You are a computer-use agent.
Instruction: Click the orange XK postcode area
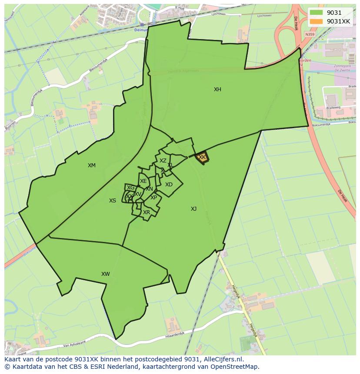tap(202, 158)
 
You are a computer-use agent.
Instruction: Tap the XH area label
tap(217, 89)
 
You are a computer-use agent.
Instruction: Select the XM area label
tap(91, 165)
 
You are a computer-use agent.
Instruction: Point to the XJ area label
tap(193, 209)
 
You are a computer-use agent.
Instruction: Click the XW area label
tap(105, 274)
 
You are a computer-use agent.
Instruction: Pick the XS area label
tap(113, 201)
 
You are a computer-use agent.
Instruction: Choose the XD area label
tap(169, 185)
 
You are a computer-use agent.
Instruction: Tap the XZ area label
tap(163, 161)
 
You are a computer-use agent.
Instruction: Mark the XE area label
tap(143, 181)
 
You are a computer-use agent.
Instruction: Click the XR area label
tap(146, 212)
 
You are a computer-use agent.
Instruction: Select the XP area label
tap(153, 198)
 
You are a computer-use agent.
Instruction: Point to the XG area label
tap(130, 188)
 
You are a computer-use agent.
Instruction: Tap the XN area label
tap(149, 189)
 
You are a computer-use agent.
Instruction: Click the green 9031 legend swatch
tap(317, 13)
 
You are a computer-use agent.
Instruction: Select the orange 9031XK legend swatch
tap(317, 21)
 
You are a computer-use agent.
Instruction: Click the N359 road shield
tap(310, 34)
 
